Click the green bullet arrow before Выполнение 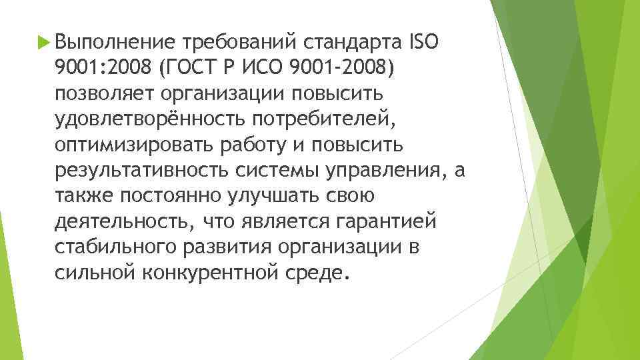click(x=44, y=43)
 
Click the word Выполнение click(x=115, y=43)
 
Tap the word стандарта click(x=351, y=43)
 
